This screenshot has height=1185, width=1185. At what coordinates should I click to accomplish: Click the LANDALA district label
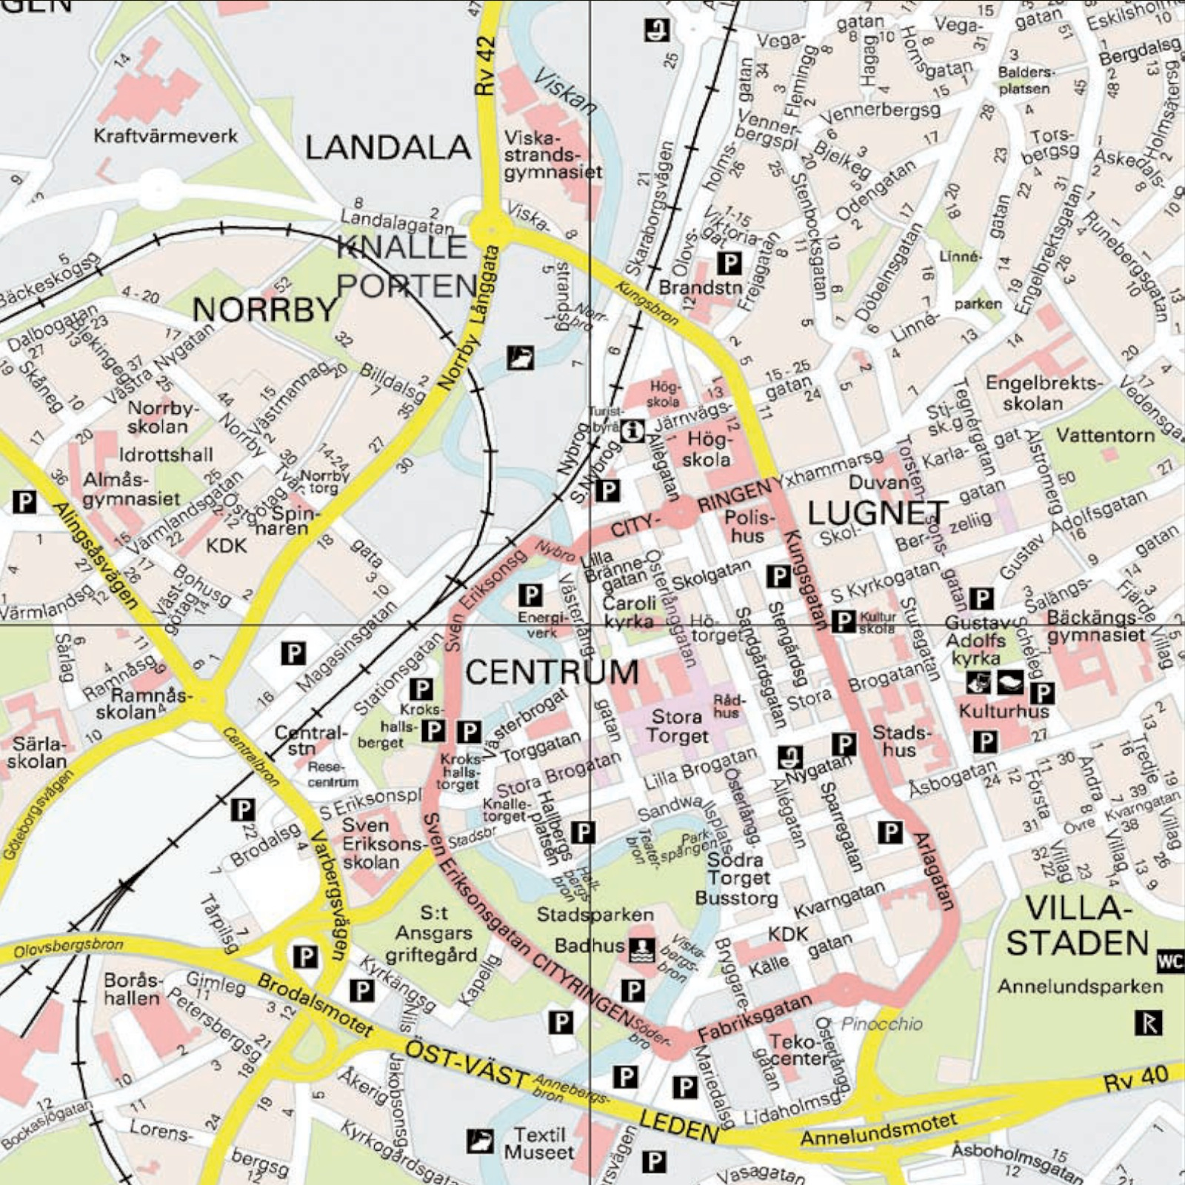pos(388,148)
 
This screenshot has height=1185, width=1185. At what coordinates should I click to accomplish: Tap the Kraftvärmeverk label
pos(166,136)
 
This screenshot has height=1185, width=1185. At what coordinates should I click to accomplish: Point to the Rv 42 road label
pos(486,67)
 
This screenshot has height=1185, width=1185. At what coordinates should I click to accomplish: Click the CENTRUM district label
pos(552,672)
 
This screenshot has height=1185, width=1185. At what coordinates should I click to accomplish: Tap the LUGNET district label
pos(877,513)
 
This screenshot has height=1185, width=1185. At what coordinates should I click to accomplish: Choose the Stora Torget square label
pos(677,727)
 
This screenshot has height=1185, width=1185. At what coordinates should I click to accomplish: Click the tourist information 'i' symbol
pos(632,430)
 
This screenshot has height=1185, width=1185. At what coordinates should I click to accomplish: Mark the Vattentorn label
pos(1105,435)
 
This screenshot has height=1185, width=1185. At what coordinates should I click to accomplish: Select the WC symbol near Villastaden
pos(1170,961)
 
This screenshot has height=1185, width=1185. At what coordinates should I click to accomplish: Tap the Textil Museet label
pos(539,1144)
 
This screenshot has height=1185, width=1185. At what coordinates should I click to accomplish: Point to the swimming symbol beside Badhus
pos(641,947)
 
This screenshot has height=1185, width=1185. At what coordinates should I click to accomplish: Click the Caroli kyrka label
pos(630,612)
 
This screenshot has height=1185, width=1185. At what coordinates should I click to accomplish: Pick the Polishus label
pos(749,526)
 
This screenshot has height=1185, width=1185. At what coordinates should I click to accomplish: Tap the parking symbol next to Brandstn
pos(730,263)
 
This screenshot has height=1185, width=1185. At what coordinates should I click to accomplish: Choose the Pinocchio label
pos(881,1024)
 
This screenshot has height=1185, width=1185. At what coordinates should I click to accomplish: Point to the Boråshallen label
pos(132,989)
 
